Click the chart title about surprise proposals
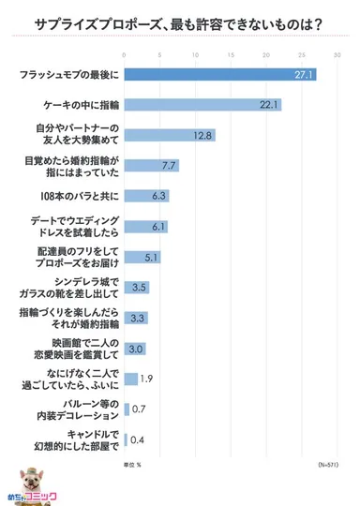(x=180, y=23)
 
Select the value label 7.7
(x=168, y=165)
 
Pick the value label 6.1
(x=157, y=226)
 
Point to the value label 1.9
(x=145, y=378)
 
